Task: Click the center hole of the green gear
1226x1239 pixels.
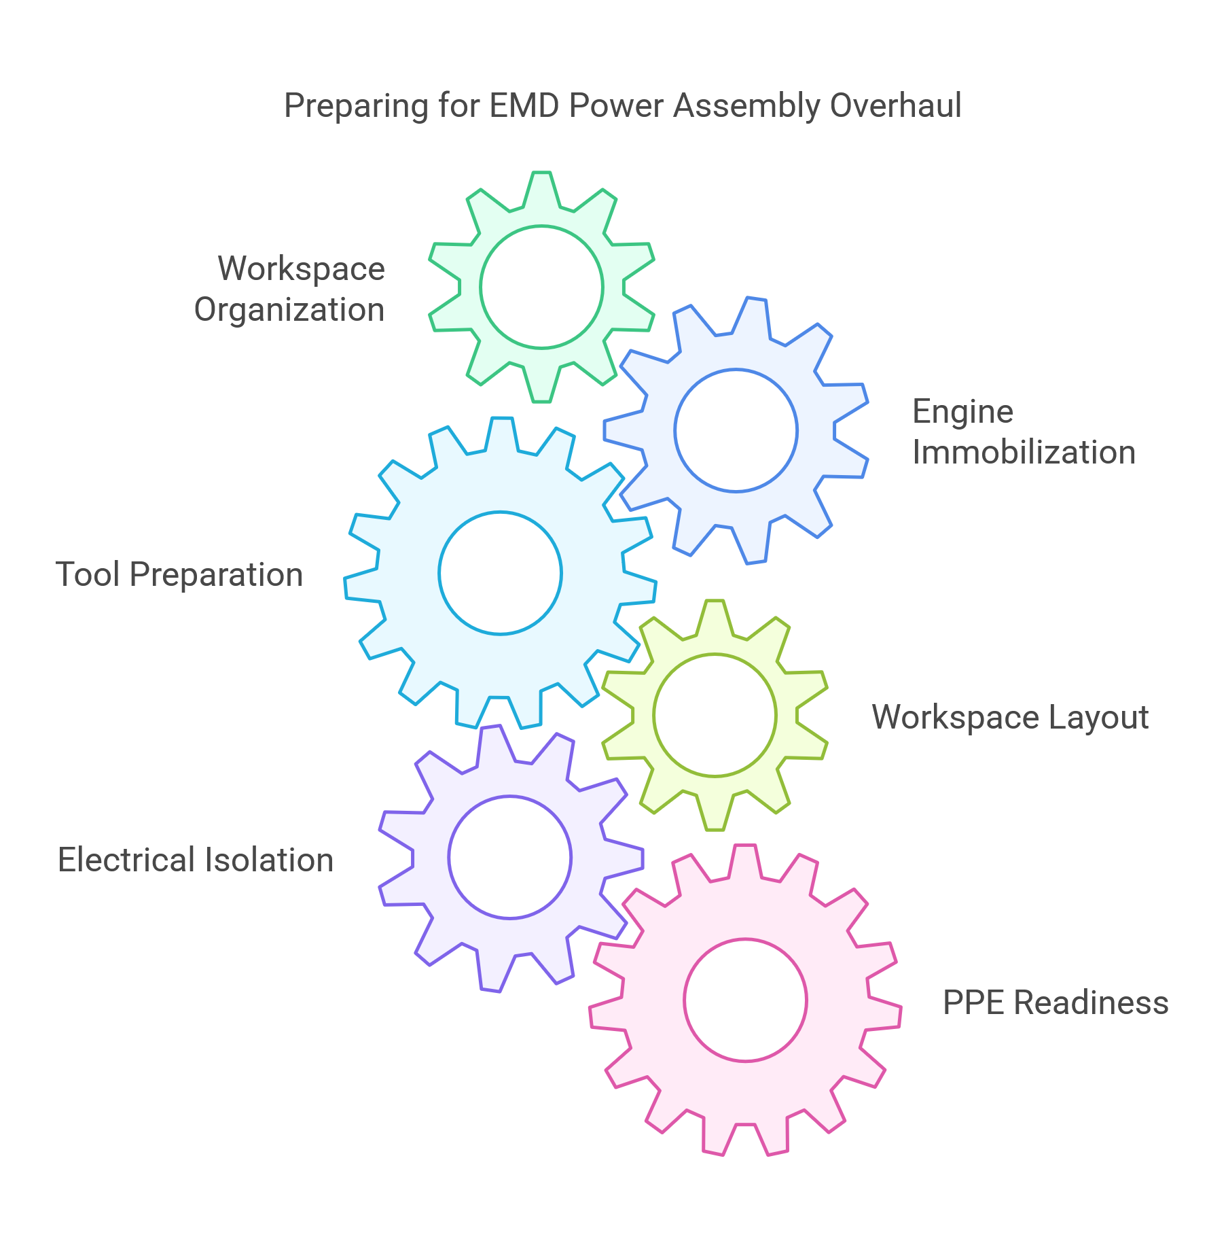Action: tap(541, 287)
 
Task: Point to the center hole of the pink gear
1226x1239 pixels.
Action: tap(745, 1000)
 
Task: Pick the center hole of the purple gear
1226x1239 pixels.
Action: tap(509, 857)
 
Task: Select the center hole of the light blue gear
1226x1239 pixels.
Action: tap(500, 573)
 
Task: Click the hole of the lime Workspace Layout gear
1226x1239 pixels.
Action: tap(715, 715)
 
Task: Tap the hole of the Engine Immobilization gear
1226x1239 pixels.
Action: tap(736, 430)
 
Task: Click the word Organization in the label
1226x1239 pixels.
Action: tap(289, 311)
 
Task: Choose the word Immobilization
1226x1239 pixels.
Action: tap(1023, 453)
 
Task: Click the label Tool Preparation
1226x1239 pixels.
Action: tap(179, 575)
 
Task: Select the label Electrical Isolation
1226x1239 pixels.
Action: tap(196, 860)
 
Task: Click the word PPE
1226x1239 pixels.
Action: tap(973, 1003)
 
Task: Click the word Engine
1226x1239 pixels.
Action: tap(962, 412)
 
